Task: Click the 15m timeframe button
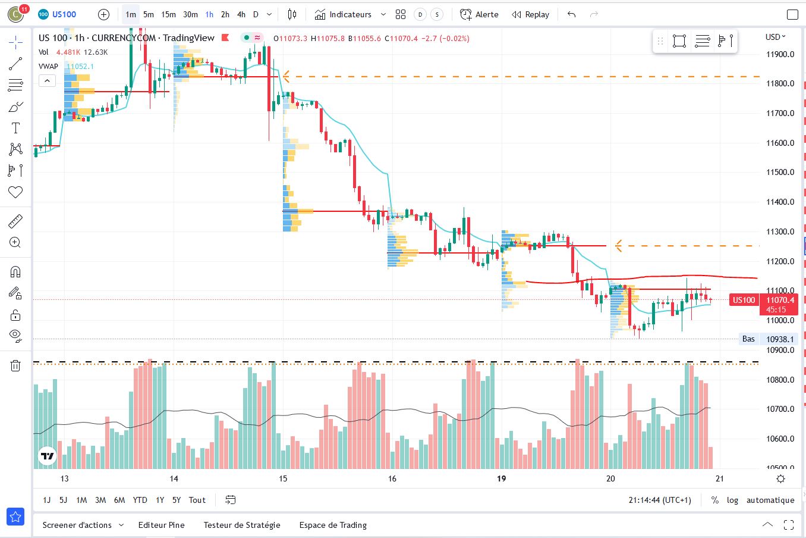point(168,14)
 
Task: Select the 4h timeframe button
point(241,14)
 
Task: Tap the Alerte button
point(479,14)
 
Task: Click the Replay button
point(530,14)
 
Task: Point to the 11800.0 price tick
point(780,83)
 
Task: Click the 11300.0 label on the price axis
point(780,232)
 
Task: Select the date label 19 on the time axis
point(502,478)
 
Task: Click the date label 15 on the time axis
point(283,478)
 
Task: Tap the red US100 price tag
point(744,300)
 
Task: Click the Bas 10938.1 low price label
point(767,339)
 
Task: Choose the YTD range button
point(140,500)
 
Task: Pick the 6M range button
point(119,500)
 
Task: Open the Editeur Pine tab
point(161,525)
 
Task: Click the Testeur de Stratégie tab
point(241,525)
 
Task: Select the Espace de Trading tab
point(333,525)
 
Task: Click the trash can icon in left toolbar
point(15,365)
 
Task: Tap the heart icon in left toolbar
point(15,192)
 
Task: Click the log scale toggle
point(732,500)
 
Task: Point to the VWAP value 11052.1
point(80,66)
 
